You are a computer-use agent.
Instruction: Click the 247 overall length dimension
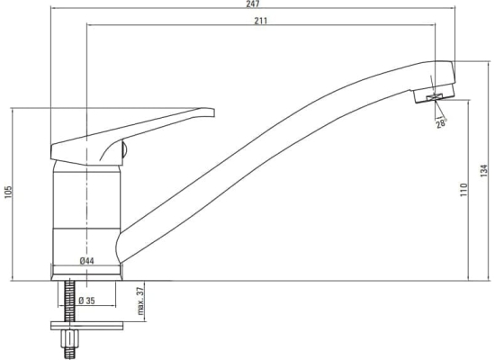coord(253,4)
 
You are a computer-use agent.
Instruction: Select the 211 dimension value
coord(261,21)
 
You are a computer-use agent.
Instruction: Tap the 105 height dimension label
coord(8,192)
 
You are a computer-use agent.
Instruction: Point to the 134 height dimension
coord(484,170)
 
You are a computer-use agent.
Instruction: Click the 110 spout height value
coord(463,190)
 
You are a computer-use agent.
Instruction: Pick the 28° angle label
coord(442,123)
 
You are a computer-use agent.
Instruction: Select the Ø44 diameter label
coord(86,261)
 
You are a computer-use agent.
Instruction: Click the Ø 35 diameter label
coord(86,301)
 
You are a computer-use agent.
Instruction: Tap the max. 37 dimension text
coord(140,301)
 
